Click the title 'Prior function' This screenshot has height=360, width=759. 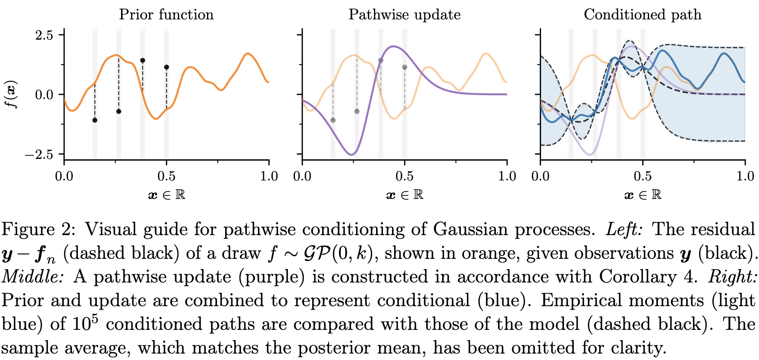point(166,15)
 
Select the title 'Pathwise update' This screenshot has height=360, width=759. point(404,15)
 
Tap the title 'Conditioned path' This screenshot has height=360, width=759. point(642,15)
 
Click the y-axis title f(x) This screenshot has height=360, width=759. point(12,94)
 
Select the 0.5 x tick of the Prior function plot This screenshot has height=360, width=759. point(166,176)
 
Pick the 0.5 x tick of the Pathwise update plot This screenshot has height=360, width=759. point(404,176)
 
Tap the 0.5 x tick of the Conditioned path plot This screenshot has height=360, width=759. point(643,176)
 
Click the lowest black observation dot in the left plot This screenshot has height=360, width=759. point(95,120)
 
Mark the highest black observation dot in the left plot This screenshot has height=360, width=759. point(143,60)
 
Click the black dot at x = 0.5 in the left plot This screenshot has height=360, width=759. point(167,67)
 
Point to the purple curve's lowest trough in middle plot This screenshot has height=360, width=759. point(352,155)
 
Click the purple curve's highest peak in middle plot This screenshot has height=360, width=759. point(393,47)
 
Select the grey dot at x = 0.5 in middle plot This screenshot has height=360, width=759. point(404,67)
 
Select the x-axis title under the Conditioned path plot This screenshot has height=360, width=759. point(642,195)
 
